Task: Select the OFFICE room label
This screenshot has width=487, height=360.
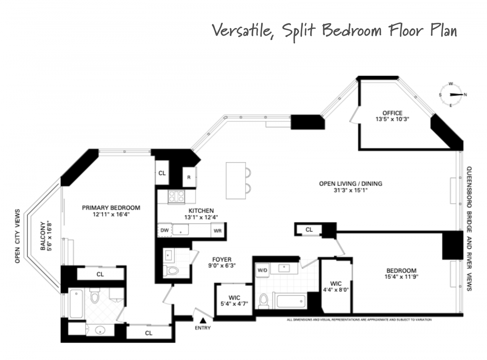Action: pyautogui.click(x=392, y=113)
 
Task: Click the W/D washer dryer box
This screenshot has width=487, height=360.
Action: pyautogui.click(x=262, y=270)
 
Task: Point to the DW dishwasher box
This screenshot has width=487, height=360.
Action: pyautogui.click(x=164, y=230)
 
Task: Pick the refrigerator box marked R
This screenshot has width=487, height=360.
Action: pyautogui.click(x=189, y=177)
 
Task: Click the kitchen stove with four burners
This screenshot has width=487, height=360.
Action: pyautogui.click(x=176, y=197)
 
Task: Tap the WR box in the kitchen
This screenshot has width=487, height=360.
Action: pyautogui.click(x=218, y=231)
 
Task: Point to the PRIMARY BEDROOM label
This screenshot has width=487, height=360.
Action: pyautogui.click(x=111, y=208)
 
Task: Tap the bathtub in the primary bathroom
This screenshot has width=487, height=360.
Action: pyautogui.click(x=76, y=304)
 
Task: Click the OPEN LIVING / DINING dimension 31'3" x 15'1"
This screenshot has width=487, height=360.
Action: pyautogui.click(x=350, y=190)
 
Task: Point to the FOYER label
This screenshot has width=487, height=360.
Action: pyautogui.click(x=222, y=259)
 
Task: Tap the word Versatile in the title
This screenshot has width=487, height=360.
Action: pyautogui.click(x=241, y=31)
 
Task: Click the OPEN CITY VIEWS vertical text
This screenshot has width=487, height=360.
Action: pyautogui.click(x=17, y=236)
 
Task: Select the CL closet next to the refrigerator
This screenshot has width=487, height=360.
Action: pyautogui.click(x=162, y=173)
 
